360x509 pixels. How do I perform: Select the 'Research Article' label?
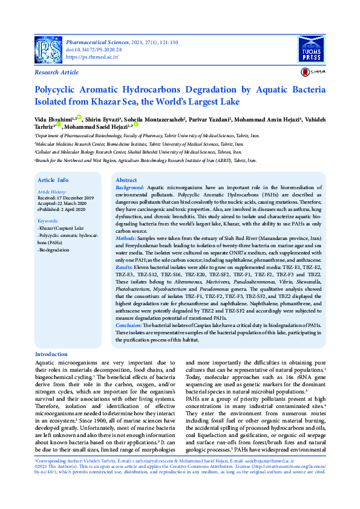pyautogui.click(x=57, y=73)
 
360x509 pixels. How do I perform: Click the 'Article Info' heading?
pyautogui.click(x=53, y=180)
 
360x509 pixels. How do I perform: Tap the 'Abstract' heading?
pyautogui.click(x=126, y=180)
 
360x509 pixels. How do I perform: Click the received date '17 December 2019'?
pyautogui.click(x=75, y=198)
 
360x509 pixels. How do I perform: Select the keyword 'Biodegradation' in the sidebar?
pyautogui.click(x=54, y=249)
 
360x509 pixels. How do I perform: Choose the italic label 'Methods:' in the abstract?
pyautogui.click(x=126, y=239)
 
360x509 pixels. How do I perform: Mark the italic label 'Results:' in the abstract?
pyautogui.click(x=125, y=266)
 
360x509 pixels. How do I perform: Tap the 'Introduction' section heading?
pyautogui.click(x=51, y=354)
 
